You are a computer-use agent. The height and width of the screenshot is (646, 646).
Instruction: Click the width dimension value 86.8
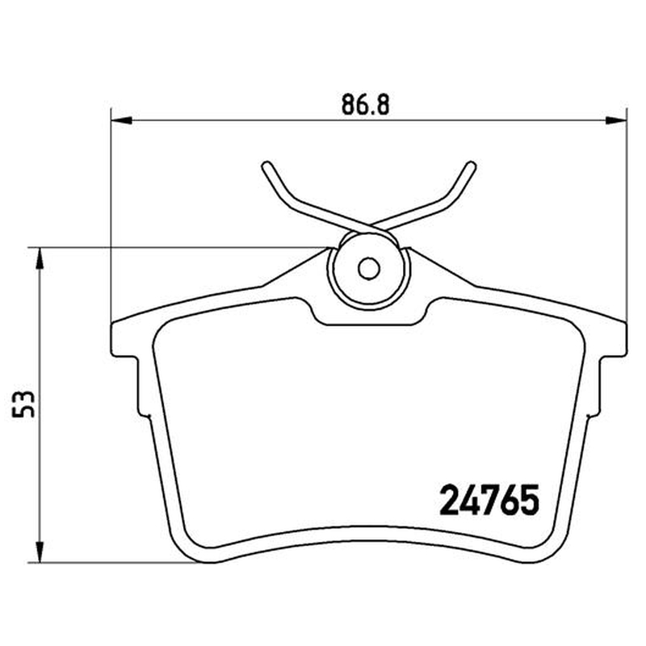tap(365, 105)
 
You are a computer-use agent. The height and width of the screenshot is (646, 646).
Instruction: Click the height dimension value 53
tap(23, 405)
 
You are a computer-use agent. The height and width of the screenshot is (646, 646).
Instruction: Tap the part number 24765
tap(489, 500)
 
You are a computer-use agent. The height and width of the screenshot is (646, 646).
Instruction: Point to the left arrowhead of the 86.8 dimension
tap(122, 120)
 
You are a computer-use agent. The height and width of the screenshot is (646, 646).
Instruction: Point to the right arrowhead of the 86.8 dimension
tap(615, 120)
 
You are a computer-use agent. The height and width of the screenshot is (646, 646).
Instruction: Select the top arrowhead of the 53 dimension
tap(40, 258)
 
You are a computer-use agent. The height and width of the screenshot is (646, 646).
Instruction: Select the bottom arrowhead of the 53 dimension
tap(40, 552)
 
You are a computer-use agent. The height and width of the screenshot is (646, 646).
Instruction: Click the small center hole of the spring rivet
tap(369, 269)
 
